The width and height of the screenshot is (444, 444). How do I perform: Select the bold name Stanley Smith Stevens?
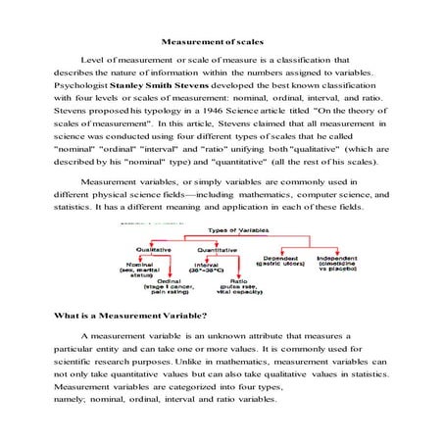tap(156, 85)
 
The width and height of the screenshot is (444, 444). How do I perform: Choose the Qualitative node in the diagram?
tap(156, 249)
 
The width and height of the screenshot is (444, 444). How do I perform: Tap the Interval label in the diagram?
tap(207, 264)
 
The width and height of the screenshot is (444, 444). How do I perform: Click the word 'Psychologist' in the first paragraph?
tap(80, 85)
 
